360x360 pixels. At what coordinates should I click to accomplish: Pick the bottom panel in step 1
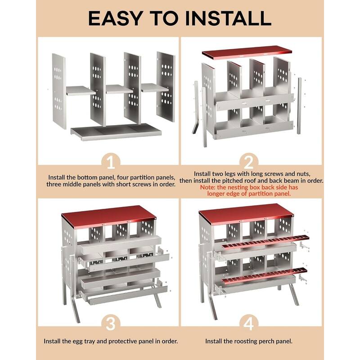116,132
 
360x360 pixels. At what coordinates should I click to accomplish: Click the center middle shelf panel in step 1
119,89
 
